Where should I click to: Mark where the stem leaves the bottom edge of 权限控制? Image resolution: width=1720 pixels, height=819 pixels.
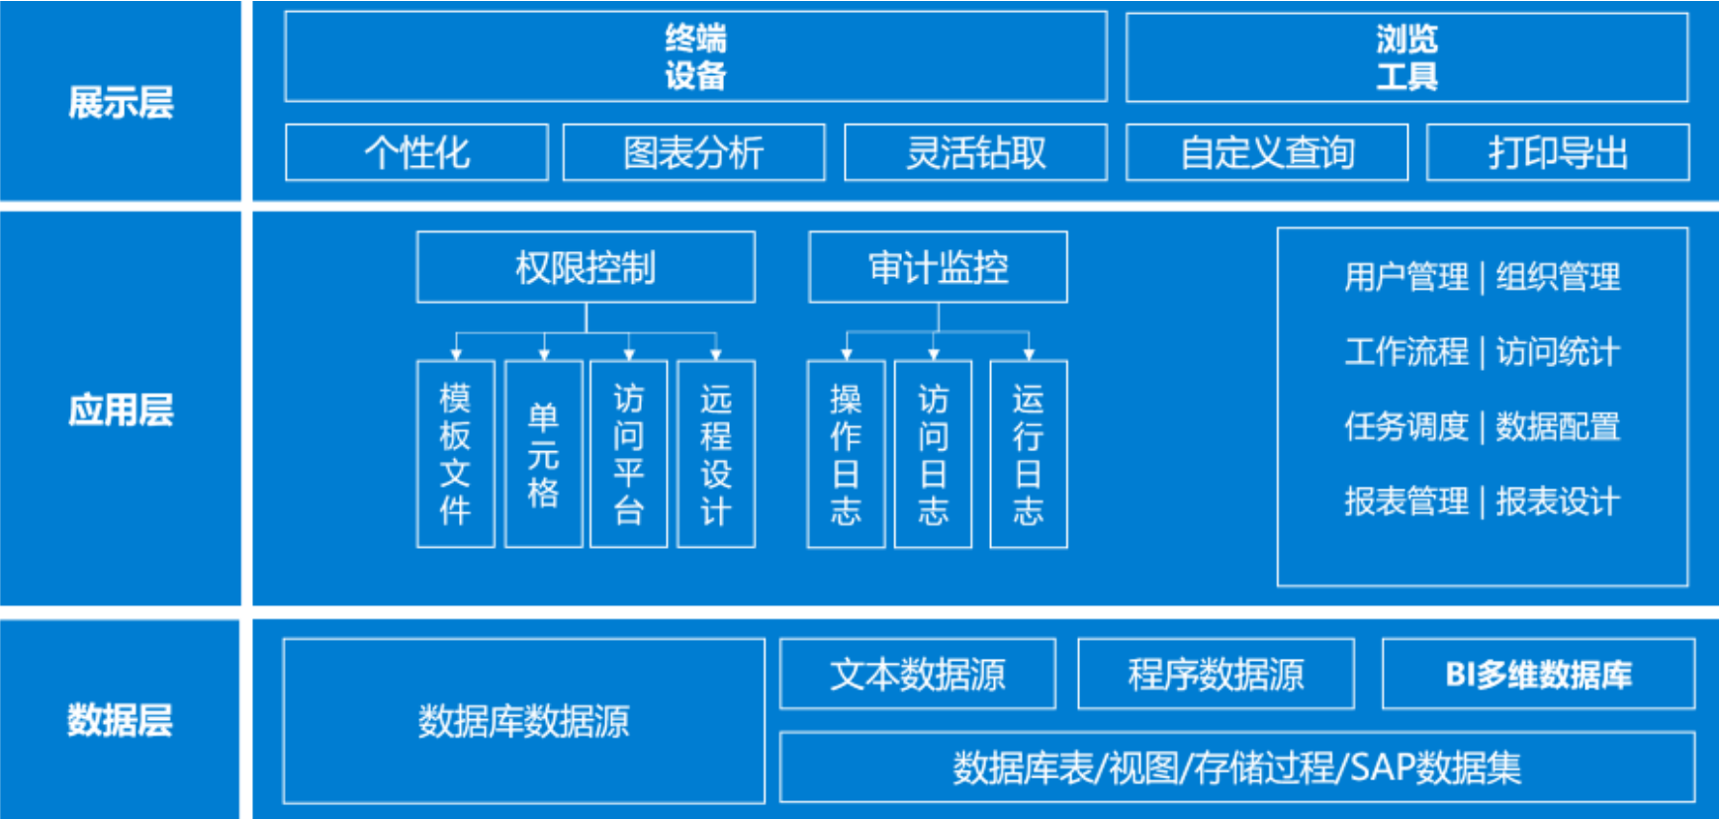[587, 303]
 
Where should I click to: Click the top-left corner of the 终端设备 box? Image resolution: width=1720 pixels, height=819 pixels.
[285, 12]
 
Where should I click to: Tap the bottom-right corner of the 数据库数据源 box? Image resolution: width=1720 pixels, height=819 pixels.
[765, 802]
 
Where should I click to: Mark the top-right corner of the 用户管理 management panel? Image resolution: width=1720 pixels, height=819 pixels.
[1687, 228]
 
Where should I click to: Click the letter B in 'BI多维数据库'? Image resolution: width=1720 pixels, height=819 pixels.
[1455, 675]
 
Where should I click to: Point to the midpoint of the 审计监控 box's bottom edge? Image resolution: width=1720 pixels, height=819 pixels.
[938, 302]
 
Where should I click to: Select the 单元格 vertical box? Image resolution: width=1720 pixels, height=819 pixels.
[543, 454]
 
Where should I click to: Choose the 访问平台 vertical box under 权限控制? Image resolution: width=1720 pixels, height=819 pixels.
[628, 454]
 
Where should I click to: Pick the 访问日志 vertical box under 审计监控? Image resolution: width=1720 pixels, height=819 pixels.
[933, 454]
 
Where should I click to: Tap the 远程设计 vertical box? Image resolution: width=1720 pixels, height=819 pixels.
[716, 454]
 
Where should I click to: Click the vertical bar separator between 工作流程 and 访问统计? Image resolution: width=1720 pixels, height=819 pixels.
[1482, 352]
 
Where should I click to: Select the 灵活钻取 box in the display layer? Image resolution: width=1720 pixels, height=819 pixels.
[975, 152]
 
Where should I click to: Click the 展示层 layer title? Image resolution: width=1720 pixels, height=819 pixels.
[121, 103]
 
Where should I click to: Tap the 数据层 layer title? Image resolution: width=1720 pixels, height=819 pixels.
[120, 720]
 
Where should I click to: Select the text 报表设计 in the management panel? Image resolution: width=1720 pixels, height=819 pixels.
[1558, 501]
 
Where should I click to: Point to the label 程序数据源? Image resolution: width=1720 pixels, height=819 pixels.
[1216, 675]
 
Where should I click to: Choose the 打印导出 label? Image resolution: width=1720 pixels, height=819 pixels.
[1558, 152]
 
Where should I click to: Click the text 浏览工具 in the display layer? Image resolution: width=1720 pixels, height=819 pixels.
[1406, 57]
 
